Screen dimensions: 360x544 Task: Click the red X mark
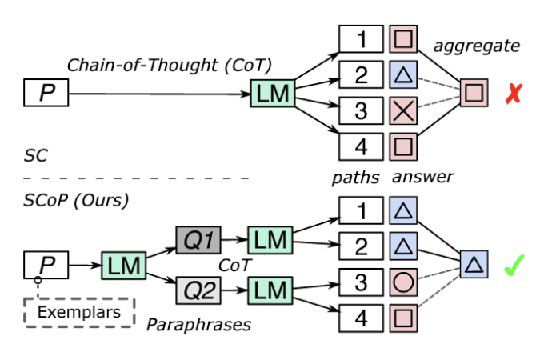pos(513,95)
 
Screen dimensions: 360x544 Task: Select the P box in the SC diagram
pos(46,95)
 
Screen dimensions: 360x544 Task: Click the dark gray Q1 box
pos(198,239)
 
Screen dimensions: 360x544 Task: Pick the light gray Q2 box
pos(198,289)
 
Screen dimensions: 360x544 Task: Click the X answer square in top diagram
pos(403,111)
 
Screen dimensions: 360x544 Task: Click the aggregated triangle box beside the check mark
pos(474,265)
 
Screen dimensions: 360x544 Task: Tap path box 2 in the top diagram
pos(361,75)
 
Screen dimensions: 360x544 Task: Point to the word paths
pos(355,178)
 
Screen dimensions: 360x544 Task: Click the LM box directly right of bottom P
pos(122,265)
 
